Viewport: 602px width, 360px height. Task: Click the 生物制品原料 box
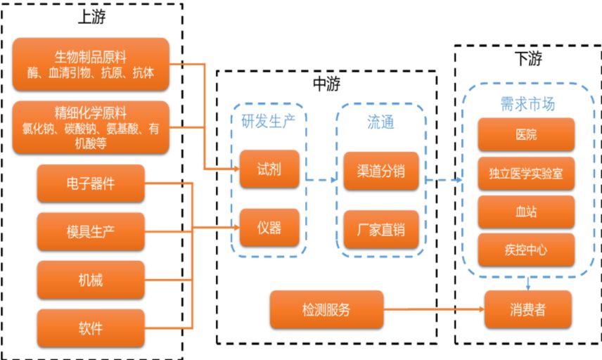click(x=91, y=64)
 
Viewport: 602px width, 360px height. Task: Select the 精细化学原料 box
click(x=91, y=127)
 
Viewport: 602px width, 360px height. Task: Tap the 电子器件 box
click(x=91, y=184)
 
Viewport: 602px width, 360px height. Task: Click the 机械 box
click(x=91, y=280)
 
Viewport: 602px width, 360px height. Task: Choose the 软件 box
click(x=91, y=328)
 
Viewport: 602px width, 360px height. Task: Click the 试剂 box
click(x=260, y=169)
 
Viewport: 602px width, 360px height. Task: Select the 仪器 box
click(x=260, y=228)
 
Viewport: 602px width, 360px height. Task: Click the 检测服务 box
click(x=326, y=309)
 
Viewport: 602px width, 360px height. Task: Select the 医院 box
click(x=526, y=134)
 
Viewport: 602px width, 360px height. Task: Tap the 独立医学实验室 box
click(x=526, y=173)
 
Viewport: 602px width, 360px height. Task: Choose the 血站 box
click(x=526, y=212)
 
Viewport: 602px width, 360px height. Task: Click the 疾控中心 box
click(x=526, y=250)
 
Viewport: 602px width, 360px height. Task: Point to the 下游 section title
click(x=527, y=59)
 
